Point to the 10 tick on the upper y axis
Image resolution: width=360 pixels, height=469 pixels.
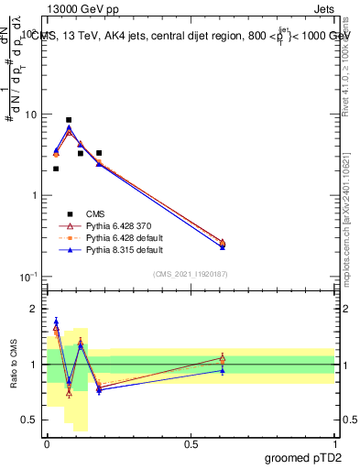pyautogui.click(x=30, y=115)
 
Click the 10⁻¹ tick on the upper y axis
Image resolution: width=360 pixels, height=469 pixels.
pyautogui.click(x=28, y=277)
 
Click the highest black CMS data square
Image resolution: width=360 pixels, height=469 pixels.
pyautogui.click(x=69, y=120)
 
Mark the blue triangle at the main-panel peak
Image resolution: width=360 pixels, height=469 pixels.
pyautogui.click(x=69, y=128)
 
